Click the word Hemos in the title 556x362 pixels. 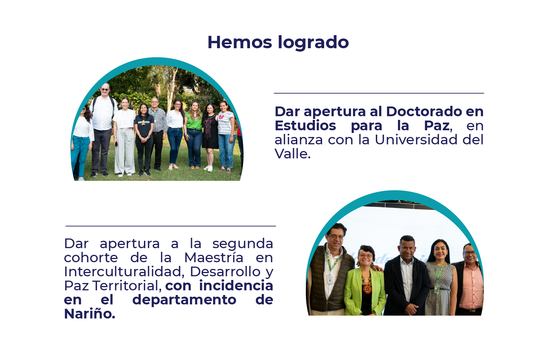tap(240, 43)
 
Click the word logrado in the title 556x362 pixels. tap(313, 43)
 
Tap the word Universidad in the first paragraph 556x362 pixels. tap(416, 140)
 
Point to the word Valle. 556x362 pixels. tap(292, 154)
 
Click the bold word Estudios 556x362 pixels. tap(305, 126)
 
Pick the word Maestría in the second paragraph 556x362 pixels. tap(214, 258)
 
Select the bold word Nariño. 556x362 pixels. tap(89, 314)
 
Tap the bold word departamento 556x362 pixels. tap(184, 300)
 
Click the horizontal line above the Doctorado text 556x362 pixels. tap(379, 93)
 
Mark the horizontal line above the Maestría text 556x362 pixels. tap(170, 226)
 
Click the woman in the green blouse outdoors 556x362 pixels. tap(194, 134)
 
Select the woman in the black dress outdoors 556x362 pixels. tap(211, 134)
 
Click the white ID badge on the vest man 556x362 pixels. tap(330, 278)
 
